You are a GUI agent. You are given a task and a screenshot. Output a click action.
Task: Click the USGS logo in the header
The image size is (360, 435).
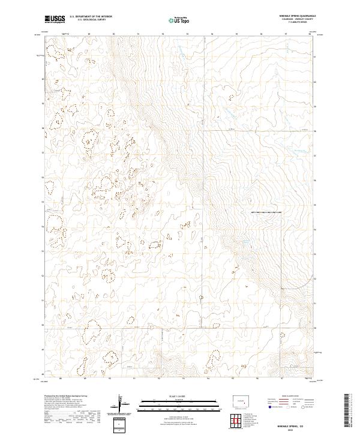[x=55, y=19]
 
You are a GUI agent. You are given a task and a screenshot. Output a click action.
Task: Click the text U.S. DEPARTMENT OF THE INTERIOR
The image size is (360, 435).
[x=91, y=17]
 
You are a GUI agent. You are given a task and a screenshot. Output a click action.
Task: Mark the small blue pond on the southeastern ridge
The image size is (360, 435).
[x=247, y=242]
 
